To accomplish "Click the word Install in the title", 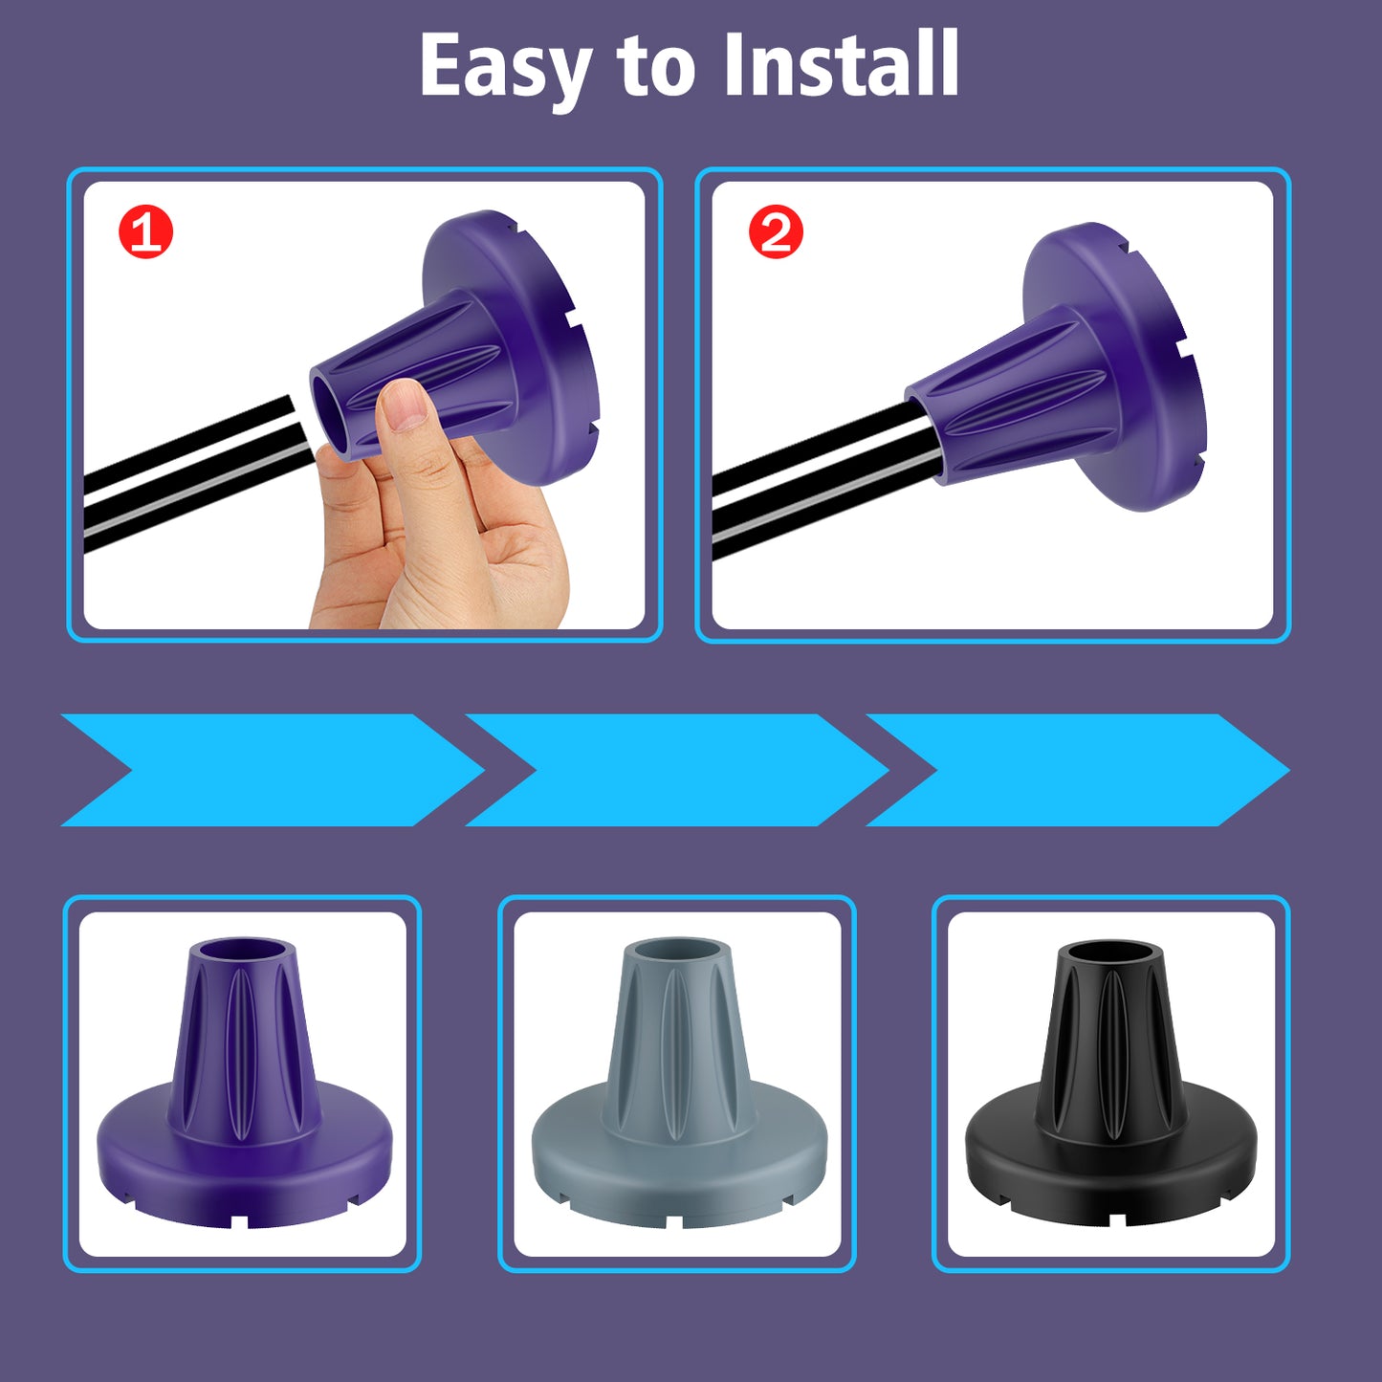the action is point(842,63).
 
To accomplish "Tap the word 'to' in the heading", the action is point(656,67).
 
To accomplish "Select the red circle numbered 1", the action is point(145,231).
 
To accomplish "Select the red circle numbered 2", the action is point(776,230).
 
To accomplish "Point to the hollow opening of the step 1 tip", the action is point(335,413).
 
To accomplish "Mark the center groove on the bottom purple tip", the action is point(242,1053).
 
